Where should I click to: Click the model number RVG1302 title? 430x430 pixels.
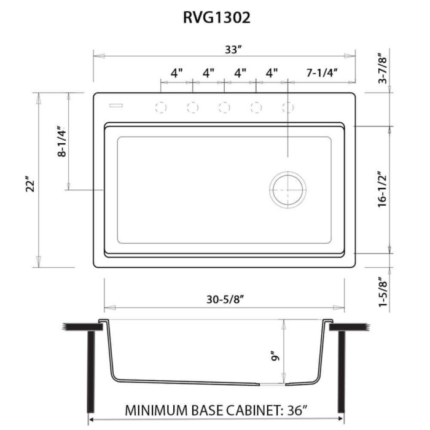pos(216,18)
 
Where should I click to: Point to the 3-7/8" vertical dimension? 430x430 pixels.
pos(383,68)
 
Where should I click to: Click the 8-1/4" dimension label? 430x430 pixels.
pos(61,143)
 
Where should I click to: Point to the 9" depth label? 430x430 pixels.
pos(275,356)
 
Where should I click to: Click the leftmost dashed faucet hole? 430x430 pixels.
pos(161,108)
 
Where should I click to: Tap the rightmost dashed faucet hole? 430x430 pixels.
pos(287,108)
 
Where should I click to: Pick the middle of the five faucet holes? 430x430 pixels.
pos(224,108)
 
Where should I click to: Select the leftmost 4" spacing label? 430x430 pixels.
pos(177,73)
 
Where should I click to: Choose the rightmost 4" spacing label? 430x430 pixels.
pos(272,73)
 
